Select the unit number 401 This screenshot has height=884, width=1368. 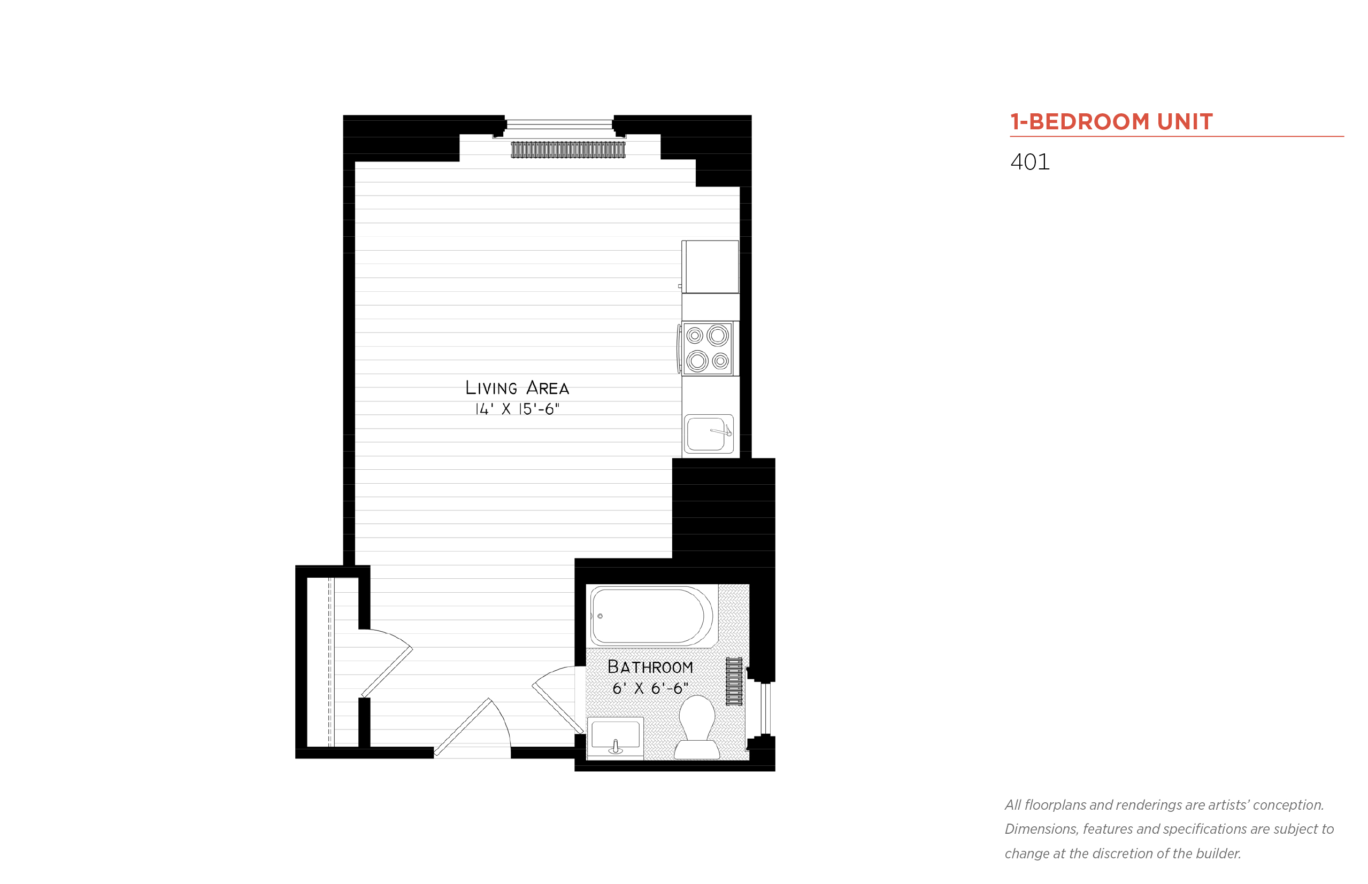pyautogui.click(x=1029, y=162)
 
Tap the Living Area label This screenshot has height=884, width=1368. pyautogui.click(x=516, y=388)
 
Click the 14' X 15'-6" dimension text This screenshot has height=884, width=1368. pyautogui.click(x=516, y=409)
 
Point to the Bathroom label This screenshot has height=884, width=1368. pyautogui.click(x=650, y=667)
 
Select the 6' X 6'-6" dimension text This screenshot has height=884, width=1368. pyautogui.click(x=650, y=688)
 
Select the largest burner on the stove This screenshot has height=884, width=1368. pyautogui.click(x=717, y=335)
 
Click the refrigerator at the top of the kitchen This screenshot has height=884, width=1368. pyautogui.click(x=710, y=267)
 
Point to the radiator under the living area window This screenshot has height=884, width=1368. pyautogui.click(x=567, y=150)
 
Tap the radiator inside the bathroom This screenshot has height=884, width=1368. pyautogui.click(x=733, y=681)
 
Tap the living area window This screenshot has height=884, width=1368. pyautogui.click(x=559, y=125)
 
